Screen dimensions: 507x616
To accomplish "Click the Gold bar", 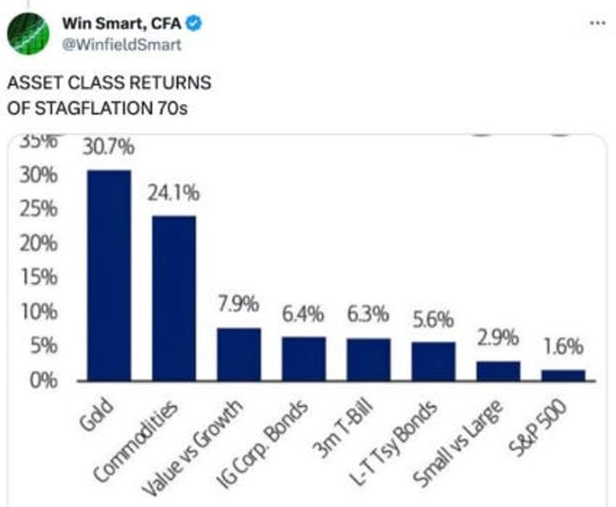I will tap(109, 276).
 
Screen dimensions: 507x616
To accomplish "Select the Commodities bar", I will tap(174, 299).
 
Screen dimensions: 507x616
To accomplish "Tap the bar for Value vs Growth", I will tap(238, 354).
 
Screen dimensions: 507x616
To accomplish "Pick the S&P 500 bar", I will tap(562, 375).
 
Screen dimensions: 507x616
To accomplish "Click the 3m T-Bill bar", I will tap(368, 360).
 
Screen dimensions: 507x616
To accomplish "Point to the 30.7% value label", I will tap(109, 148).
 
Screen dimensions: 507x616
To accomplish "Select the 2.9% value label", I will tap(498, 338).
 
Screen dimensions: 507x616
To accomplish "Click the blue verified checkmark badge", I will tap(194, 24).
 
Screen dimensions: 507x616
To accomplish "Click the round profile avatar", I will tap(28, 33).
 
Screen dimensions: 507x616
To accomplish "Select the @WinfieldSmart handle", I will tap(121, 45).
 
